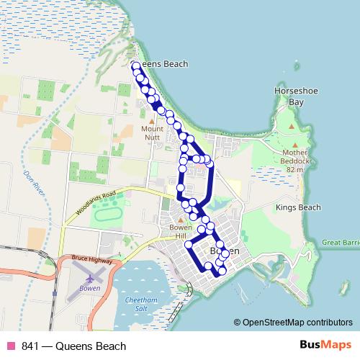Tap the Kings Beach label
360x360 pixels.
pyautogui.click(x=297, y=207)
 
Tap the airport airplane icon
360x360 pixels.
pyautogui.click(x=89, y=278)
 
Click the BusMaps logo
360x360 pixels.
pyautogui.click(x=325, y=346)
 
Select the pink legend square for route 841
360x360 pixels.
pyautogui.click(x=11, y=346)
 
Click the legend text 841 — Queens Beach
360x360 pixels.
pyautogui.click(x=74, y=346)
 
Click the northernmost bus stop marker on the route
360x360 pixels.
pyautogui.click(x=134, y=66)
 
